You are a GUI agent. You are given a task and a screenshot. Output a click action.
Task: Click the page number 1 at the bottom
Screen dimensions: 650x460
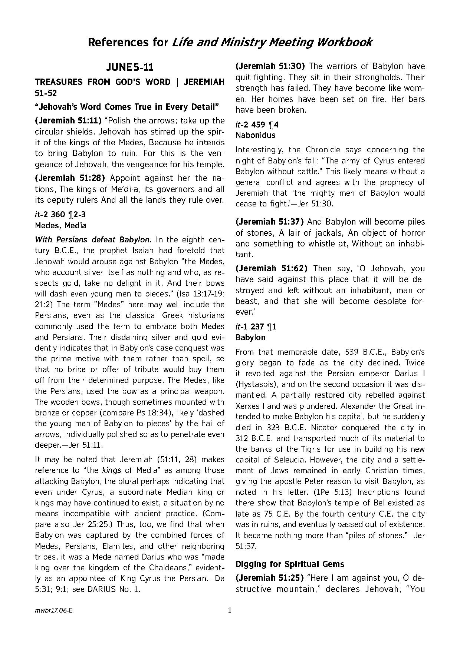coord(230,610)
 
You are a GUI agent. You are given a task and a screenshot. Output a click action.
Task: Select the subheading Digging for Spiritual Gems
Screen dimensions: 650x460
coord(290,564)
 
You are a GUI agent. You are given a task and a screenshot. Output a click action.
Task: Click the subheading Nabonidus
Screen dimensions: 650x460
coord(255,135)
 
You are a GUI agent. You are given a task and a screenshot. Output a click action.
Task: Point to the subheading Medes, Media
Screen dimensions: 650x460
coord(60,225)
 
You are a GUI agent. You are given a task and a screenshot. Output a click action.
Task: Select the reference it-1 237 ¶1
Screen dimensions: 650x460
coord(256,327)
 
